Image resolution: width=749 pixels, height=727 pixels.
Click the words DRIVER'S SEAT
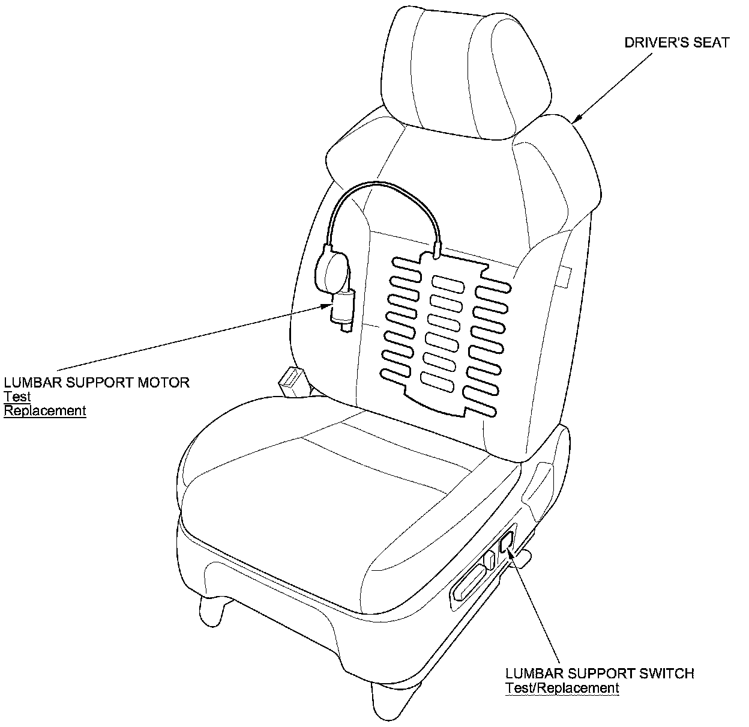point(676,43)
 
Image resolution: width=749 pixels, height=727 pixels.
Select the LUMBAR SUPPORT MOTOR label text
point(97,382)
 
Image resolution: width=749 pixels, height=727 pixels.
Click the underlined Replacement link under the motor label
point(45,411)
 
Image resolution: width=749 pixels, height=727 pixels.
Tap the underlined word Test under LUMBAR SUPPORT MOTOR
point(17,397)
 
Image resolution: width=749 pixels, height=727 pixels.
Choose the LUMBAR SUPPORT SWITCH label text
point(600,674)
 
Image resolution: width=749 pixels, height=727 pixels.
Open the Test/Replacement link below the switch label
point(562,689)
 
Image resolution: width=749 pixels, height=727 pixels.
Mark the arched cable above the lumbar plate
point(384,192)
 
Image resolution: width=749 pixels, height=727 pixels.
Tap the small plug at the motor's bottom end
point(344,327)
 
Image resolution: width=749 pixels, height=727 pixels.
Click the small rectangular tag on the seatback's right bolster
point(565,278)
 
